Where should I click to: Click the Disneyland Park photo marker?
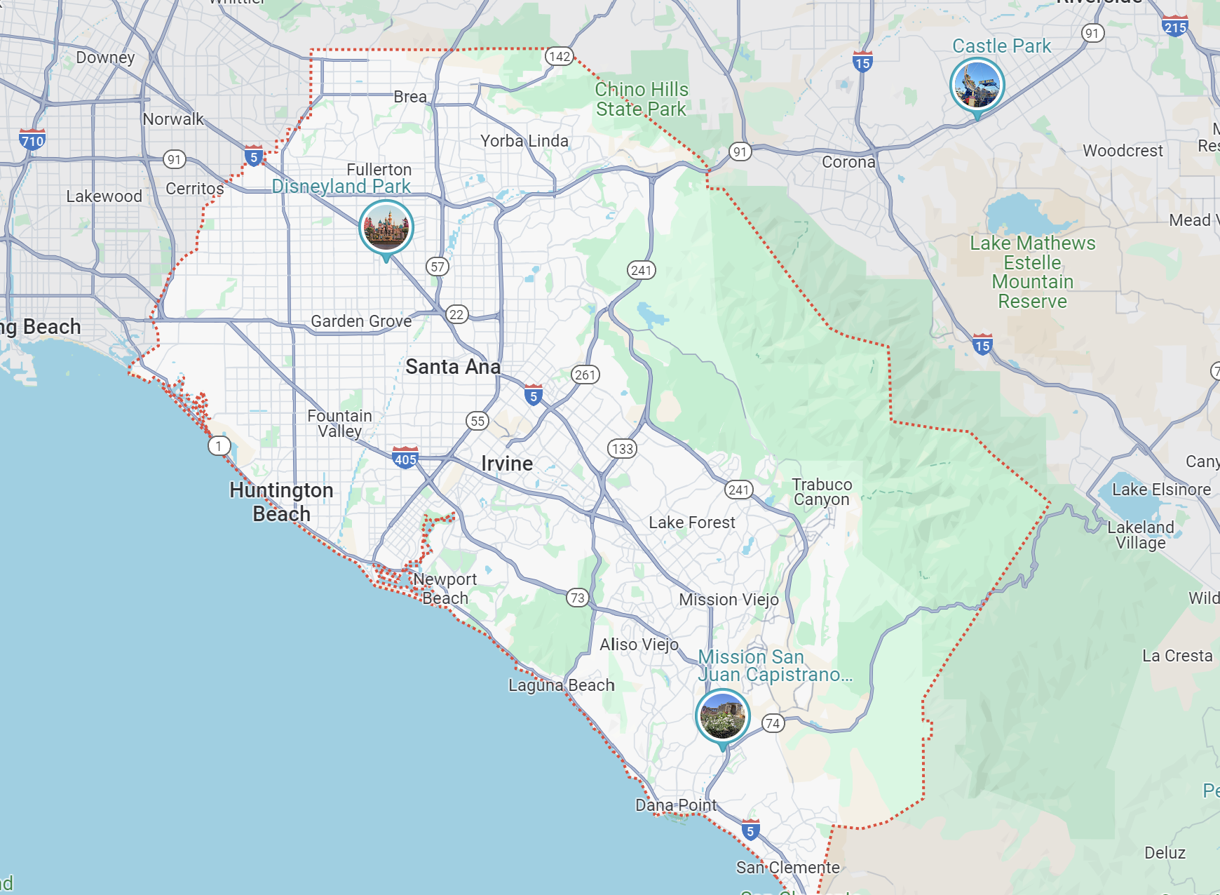point(386,227)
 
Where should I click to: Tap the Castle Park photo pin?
point(977,85)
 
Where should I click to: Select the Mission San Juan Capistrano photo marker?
point(722,715)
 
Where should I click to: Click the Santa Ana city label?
point(453,367)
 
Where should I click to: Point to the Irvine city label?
point(507,464)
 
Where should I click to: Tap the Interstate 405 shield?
point(405,459)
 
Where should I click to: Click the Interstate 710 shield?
point(32,140)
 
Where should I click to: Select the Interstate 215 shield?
point(1174,27)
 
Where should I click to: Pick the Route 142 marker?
point(560,57)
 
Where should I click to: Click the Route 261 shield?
point(585,375)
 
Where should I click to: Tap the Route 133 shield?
point(622,449)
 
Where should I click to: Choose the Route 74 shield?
point(773,723)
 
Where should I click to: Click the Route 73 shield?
point(577,598)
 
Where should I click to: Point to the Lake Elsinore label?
point(1161,490)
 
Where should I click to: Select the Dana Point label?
point(676,805)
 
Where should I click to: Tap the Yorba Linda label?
point(524,141)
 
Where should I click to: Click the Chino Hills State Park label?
point(642,100)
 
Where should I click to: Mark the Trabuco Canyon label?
point(822,492)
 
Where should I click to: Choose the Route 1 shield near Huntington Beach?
point(219,445)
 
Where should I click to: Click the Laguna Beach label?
point(561,685)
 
